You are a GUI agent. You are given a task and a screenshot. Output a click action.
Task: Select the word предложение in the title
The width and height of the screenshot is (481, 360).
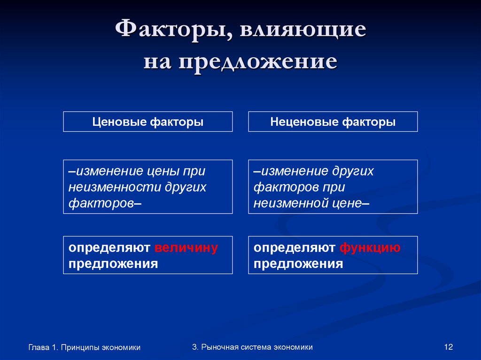(258, 61)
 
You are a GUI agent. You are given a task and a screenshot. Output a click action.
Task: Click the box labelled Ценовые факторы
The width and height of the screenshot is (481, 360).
(148, 122)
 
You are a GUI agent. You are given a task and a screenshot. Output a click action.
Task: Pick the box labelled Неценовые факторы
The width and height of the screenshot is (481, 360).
(333, 122)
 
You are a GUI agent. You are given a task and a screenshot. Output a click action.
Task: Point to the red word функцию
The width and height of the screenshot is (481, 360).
(370, 247)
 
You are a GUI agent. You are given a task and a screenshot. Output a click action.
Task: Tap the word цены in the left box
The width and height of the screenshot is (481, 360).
(168, 171)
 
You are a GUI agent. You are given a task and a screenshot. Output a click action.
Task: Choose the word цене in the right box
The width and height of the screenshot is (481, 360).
(345, 203)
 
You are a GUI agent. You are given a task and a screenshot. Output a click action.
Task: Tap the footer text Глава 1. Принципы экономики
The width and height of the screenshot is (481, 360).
(85, 347)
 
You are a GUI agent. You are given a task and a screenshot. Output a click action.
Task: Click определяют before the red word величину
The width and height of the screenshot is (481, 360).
(109, 247)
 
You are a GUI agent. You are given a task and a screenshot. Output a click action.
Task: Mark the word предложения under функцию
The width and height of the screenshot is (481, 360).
(298, 263)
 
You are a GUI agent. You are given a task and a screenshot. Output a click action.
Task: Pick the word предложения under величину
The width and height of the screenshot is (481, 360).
(113, 263)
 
